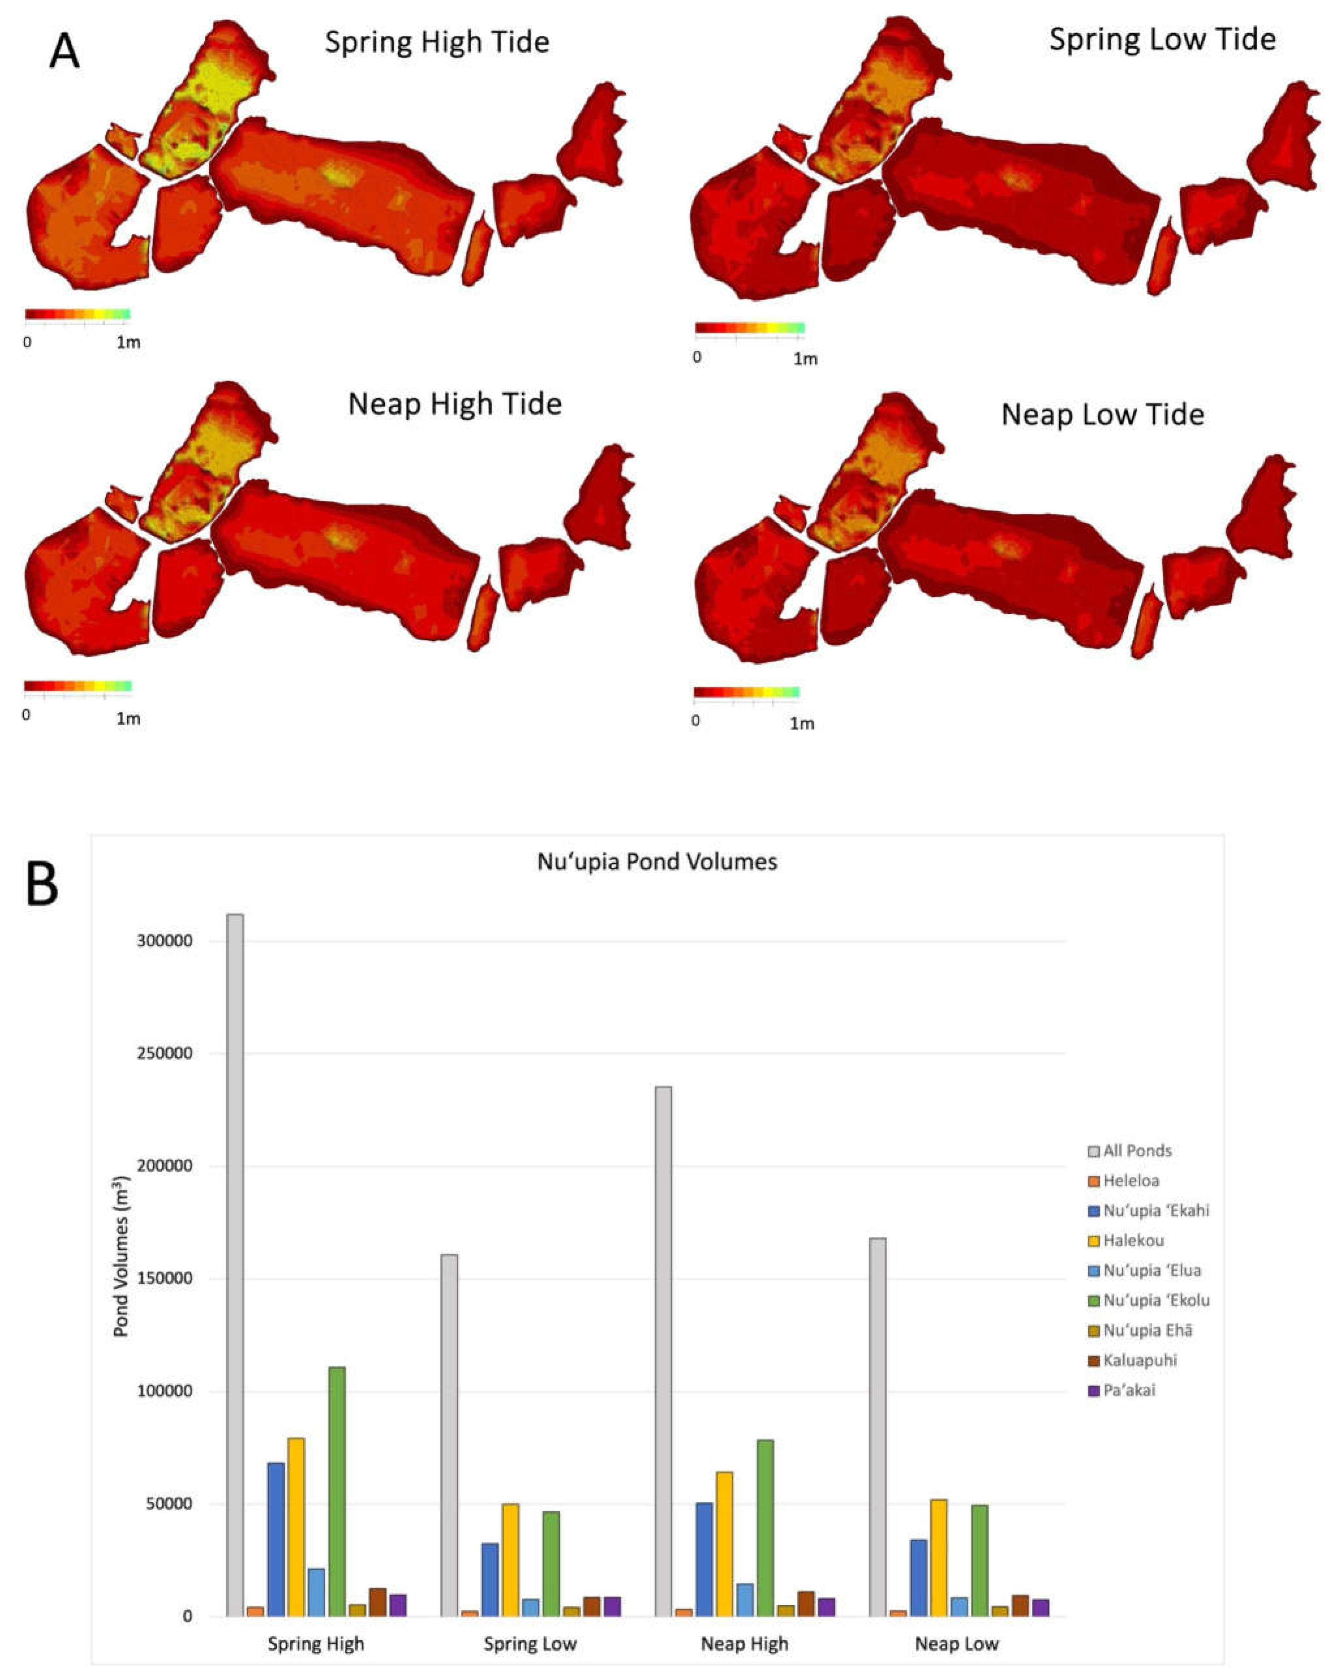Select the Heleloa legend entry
[x=1131, y=1181]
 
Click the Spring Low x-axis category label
[x=530, y=1622]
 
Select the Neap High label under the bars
[x=744, y=1622]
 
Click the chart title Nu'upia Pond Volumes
[x=657, y=862]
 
